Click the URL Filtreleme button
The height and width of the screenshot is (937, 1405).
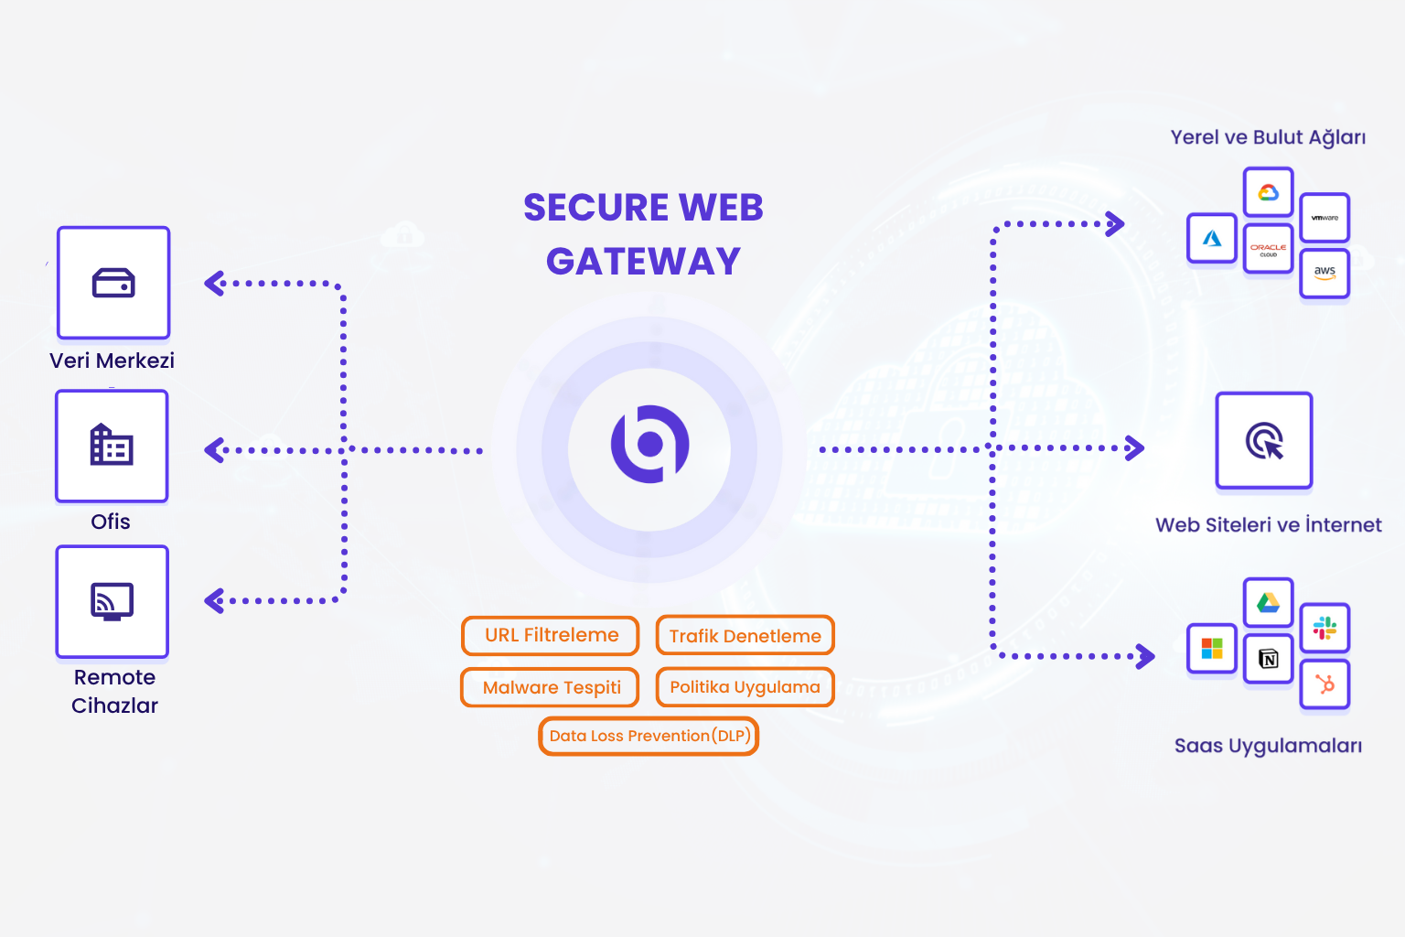tap(551, 636)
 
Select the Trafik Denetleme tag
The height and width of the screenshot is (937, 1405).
tap(745, 636)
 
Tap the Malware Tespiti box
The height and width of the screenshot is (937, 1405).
tap(551, 687)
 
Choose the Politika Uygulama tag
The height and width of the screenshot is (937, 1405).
tap(745, 687)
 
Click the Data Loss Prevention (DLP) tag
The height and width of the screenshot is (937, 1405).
tap(649, 736)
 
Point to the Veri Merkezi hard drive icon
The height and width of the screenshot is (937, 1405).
tap(113, 283)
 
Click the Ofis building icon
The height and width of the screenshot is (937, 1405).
tap(112, 446)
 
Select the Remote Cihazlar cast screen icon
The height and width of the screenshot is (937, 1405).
tap(113, 601)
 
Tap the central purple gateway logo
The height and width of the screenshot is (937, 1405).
tap(649, 445)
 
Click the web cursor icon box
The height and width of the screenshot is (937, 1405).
tap(1264, 440)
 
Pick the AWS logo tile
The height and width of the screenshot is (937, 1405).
tap(1325, 273)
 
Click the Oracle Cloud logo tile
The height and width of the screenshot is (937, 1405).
tap(1268, 249)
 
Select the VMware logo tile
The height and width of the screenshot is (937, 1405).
tap(1325, 218)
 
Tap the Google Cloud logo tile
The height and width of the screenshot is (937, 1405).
tap(1268, 192)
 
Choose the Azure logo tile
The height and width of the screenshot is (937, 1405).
tap(1212, 238)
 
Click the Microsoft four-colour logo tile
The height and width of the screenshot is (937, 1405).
tap(1212, 648)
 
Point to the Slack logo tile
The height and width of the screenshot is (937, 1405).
tap(1325, 628)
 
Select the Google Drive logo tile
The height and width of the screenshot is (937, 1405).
tap(1268, 602)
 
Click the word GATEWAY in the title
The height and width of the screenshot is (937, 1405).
tap(643, 262)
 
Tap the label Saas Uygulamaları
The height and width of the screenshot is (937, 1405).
tap(1268, 746)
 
